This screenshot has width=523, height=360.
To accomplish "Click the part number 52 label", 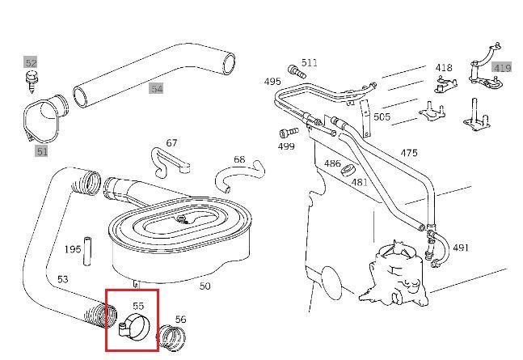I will click(31, 62).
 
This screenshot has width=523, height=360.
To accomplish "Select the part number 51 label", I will click(41, 150).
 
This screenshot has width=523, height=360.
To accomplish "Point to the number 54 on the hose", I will click(156, 88).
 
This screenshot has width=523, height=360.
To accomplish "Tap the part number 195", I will click(74, 249).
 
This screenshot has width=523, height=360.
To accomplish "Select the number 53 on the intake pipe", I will click(62, 279).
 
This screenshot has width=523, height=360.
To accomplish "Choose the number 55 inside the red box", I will click(138, 306).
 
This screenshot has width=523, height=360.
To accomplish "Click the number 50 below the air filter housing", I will click(205, 286).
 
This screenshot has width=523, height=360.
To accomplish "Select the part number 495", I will click(272, 81).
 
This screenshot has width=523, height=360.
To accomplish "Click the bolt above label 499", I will click(284, 133).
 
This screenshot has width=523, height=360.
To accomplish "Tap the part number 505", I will click(382, 116).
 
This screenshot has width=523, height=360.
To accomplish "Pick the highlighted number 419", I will click(502, 68).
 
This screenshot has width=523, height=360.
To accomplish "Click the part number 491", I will click(461, 247).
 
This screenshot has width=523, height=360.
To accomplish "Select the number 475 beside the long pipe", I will click(409, 153).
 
